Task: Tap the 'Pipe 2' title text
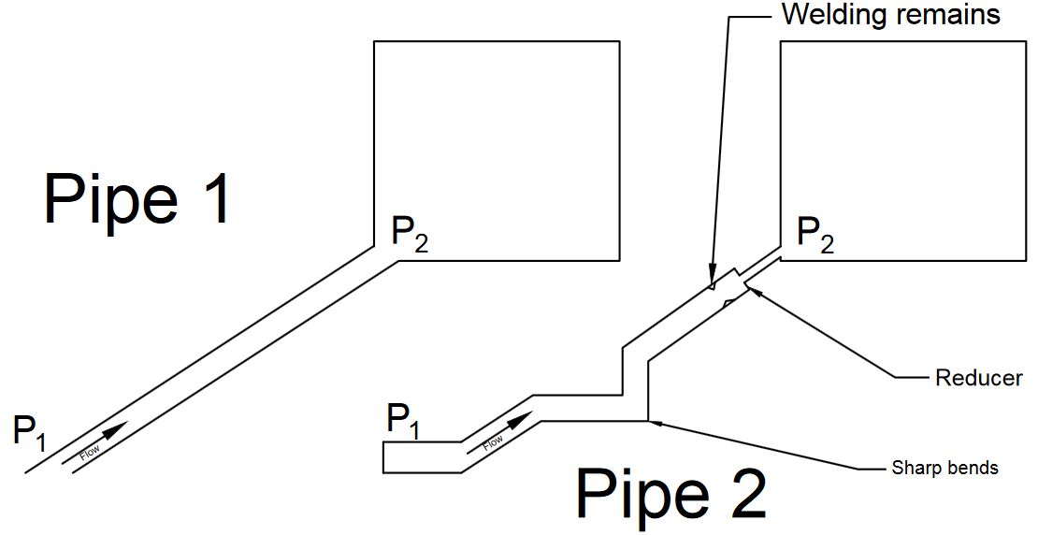coord(672,494)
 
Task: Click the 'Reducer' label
coord(979,378)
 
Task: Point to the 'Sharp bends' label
coord(944,468)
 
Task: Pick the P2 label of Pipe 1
coord(410,235)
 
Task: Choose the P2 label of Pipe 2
coord(815,235)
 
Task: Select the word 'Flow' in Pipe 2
coord(493,443)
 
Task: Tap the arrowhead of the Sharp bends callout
coord(649,420)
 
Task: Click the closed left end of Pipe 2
coord(384,456)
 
